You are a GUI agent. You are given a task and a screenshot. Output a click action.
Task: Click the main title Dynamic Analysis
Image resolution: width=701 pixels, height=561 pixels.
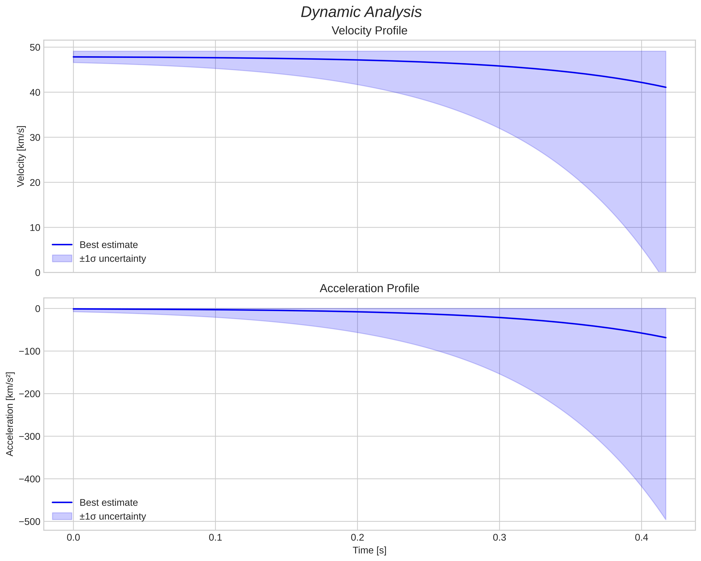pyautogui.click(x=361, y=12)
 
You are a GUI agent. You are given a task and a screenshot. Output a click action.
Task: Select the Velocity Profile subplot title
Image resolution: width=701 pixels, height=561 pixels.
pyautogui.click(x=369, y=31)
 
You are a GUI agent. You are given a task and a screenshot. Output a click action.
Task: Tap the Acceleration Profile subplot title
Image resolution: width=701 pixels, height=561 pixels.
pyautogui.click(x=369, y=288)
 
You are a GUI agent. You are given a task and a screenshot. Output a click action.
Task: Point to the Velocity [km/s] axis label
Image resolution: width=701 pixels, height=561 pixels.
pyautogui.click(x=21, y=156)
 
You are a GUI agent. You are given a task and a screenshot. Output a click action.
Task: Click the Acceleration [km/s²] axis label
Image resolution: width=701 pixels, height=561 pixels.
pyautogui.click(x=10, y=414)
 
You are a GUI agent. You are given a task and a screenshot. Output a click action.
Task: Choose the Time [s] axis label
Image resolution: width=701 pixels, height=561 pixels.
pyautogui.click(x=369, y=550)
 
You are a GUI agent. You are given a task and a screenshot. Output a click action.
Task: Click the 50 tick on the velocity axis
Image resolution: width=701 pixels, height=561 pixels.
pyautogui.click(x=35, y=47)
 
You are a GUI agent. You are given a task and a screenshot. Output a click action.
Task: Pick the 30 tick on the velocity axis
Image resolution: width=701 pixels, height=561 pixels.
pyautogui.click(x=35, y=138)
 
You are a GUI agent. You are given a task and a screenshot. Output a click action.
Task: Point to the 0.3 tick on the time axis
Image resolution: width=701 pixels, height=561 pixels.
pyautogui.click(x=499, y=538)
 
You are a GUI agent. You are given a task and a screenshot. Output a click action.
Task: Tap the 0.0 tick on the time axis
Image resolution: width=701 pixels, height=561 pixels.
pyautogui.click(x=73, y=538)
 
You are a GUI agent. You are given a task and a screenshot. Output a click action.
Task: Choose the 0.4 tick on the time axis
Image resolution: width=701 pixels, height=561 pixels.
pyautogui.click(x=641, y=538)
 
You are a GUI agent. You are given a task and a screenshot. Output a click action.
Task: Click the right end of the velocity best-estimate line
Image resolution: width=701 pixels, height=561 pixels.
pyautogui.click(x=666, y=87)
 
